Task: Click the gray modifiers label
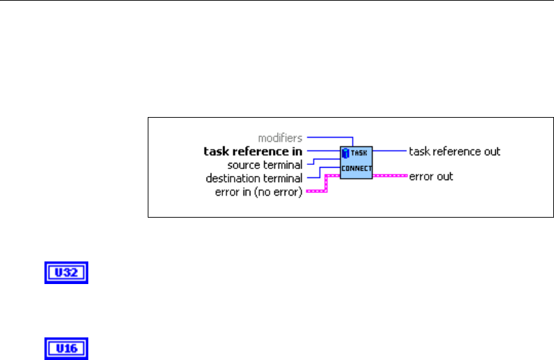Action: [x=280, y=138]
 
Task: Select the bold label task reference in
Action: [x=253, y=151]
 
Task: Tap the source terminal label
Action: [x=265, y=165]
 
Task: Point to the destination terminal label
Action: [x=254, y=178]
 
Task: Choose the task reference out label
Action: [x=454, y=151]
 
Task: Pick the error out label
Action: [x=431, y=177]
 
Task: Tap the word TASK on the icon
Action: [x=360, y=154]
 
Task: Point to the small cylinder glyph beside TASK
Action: [x=346, y=153]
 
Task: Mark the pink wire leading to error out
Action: [x=390, y=175]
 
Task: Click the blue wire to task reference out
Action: [x=390, y=150]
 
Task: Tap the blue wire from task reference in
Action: [x=323, y=151]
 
